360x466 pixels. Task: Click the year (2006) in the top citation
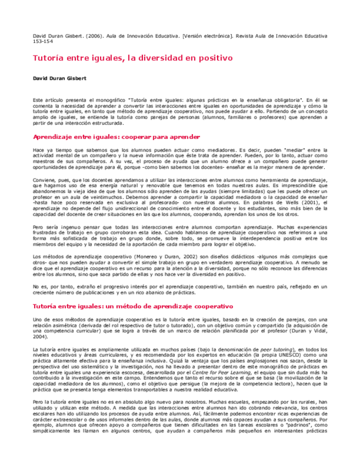pyautogui.click(x=89, y=35)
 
